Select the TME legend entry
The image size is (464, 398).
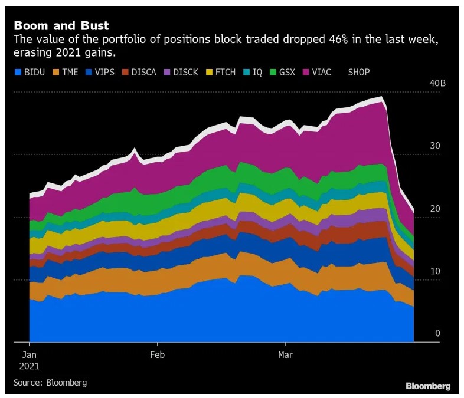click(66, 72)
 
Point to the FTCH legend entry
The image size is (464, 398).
click(221, 72)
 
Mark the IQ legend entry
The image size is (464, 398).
click(253, 72)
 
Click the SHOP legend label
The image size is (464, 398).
click(359, 72)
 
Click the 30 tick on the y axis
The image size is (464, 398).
click(436, 146)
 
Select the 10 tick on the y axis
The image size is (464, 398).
click(436, 271)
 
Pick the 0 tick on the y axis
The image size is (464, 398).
click(438, 334)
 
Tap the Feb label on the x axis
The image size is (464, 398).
click(158, 355)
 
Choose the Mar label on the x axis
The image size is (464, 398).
click(286, 355)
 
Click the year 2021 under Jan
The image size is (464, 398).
click(30, 366)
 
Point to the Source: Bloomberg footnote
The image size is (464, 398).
click(50, 383)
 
